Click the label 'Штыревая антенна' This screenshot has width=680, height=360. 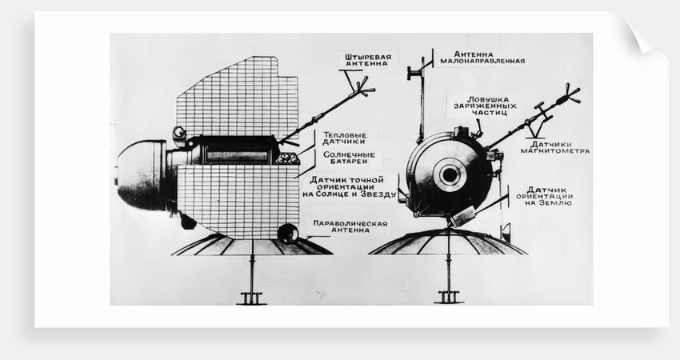368,60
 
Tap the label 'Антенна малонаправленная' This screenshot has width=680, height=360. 482,58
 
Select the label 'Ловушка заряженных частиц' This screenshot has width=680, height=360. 486,106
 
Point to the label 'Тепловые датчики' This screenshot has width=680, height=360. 344,138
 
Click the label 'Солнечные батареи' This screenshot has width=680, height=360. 349,158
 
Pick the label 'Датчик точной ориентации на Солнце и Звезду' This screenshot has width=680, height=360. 350,187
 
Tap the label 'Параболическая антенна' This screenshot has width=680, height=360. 350,226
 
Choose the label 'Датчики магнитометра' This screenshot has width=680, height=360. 555,147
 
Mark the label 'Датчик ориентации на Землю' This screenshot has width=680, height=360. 545,196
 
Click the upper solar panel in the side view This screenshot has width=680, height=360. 238,97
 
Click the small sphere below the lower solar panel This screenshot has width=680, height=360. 287,234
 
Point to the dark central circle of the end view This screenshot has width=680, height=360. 450,175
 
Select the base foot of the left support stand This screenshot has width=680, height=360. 251,298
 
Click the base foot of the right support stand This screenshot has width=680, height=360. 449,298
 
